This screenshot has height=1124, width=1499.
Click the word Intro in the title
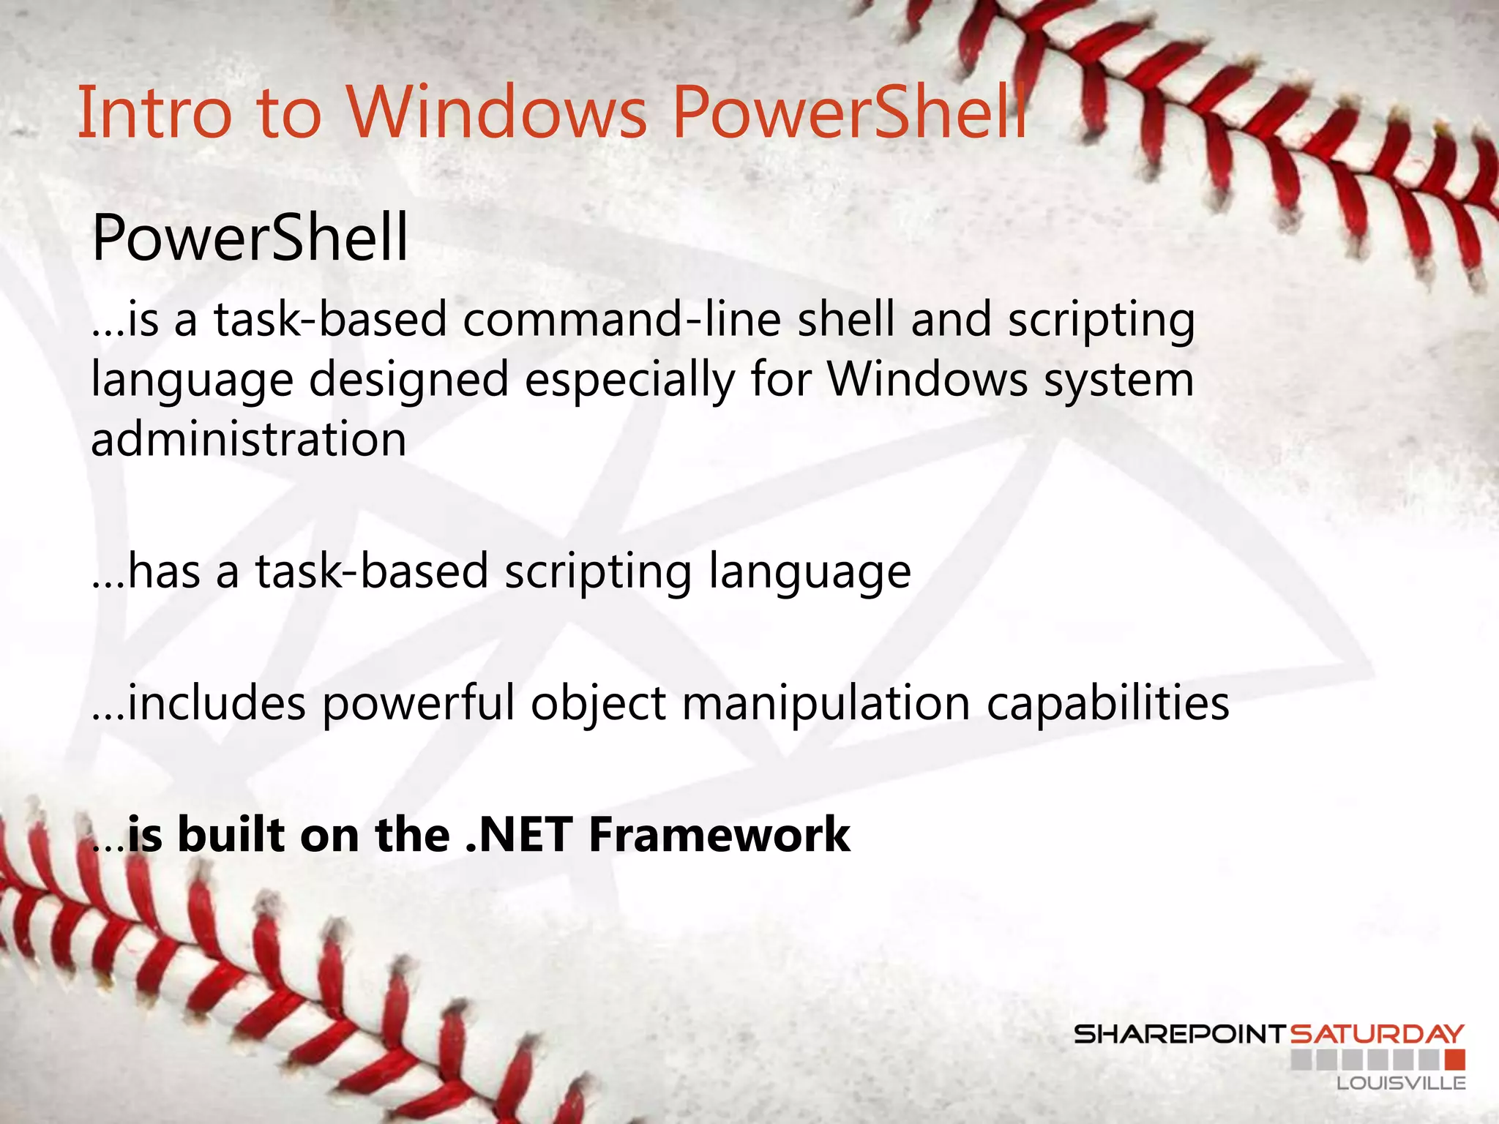(x=154, y=113)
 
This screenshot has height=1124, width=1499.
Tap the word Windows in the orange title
(x=497, y=113)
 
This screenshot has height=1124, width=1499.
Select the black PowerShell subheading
(x=250, y=238)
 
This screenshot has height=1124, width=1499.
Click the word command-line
(x=622, y=321)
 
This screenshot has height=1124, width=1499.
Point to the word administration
(x=248, y=440)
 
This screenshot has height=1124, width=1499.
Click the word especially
(x=629, y=381)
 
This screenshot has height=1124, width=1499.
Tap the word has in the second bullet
(x=165, y=572)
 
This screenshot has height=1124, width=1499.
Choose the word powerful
(x=419, y=703)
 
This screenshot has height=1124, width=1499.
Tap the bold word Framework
(x=719, y=835)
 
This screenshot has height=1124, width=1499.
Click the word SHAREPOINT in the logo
(x=1179, y=1035)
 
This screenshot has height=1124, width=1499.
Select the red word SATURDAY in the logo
(x=1377, y=1035)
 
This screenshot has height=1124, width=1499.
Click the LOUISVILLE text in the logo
(x=1401, y=1084)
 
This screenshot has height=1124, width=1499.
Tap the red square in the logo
(x=1455, y=1060)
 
